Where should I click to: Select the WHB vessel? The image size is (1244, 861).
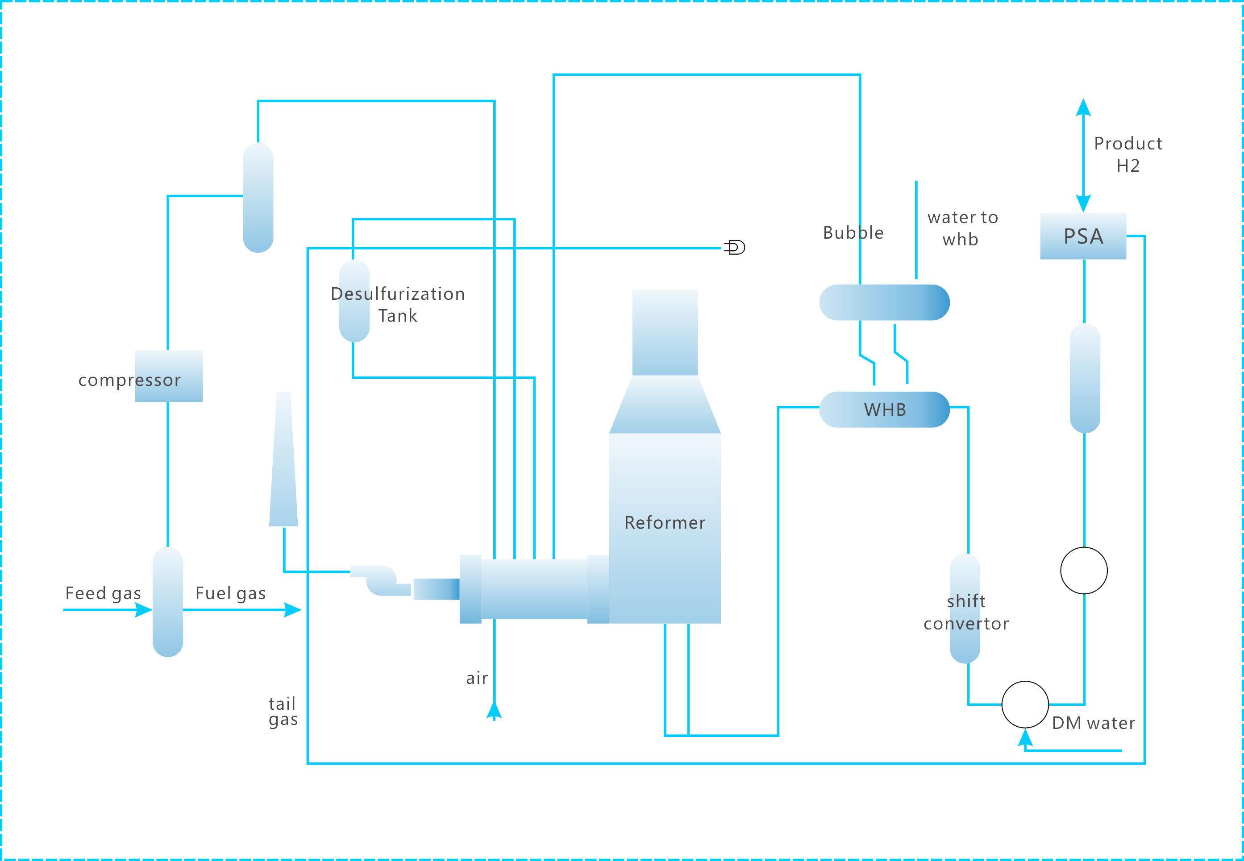884,410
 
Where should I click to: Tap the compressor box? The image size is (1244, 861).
168,376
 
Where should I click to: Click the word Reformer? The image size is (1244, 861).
664,522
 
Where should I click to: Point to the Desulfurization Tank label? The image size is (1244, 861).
398,304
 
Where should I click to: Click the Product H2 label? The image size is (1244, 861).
1128,154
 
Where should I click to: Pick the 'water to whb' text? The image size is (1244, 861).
962,228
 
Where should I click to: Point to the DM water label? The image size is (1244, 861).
1093,723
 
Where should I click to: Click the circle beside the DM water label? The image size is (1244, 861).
1025,704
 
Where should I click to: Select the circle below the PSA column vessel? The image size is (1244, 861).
1084,570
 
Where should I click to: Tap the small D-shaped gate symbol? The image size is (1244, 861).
735,248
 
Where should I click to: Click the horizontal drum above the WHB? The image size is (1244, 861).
884,302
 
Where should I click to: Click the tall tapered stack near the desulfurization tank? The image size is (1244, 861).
283,459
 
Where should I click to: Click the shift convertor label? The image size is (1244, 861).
965,613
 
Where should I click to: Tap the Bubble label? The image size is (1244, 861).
853,232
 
